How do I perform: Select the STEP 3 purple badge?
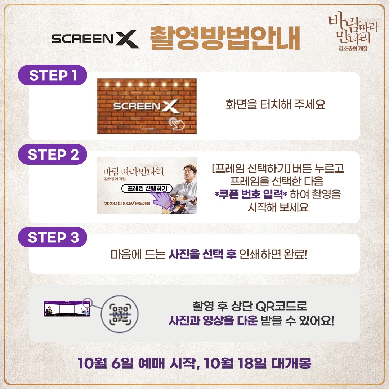coord(53,237)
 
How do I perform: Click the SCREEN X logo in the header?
coord(95,39)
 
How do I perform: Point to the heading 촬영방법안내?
coord(224,37)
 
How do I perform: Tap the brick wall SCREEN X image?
coord(147,106)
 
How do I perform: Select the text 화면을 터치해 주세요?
coord(275,105)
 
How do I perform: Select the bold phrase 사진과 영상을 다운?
coord(213,320)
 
